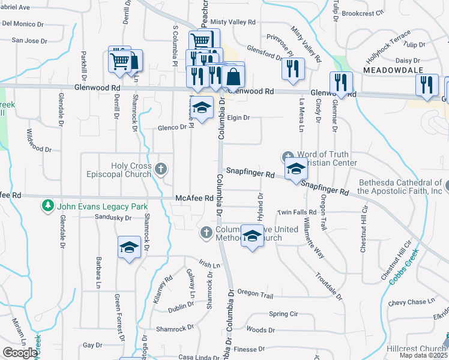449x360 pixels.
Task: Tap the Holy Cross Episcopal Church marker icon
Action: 160,169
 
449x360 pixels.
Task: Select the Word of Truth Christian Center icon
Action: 287,157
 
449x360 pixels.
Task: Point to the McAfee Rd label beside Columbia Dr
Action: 195,198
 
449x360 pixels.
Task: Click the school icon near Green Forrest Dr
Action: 129,248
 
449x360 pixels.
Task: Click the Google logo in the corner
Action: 20,353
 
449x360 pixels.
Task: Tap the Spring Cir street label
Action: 284,314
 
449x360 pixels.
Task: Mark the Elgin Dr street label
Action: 238,118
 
